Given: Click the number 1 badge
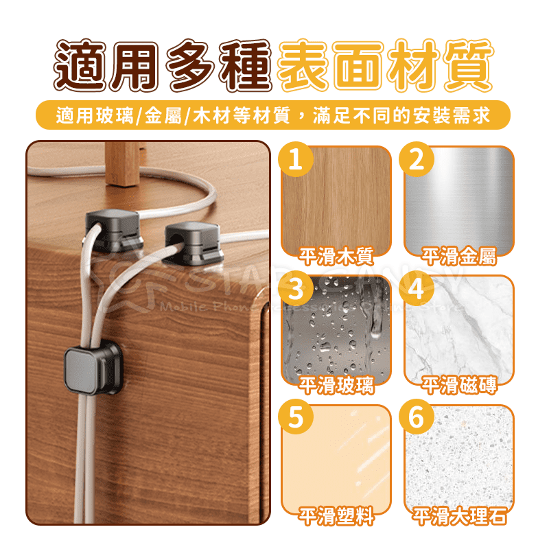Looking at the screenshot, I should tap(296, 161).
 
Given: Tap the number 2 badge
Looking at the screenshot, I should tap(418, 161).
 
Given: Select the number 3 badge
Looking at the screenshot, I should tap(296, 290).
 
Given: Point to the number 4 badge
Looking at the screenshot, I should tap(418, 290).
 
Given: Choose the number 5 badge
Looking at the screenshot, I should tap(296, 419).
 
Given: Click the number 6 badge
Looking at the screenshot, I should tap(418, 419).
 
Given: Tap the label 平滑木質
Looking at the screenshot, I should tap(336, 257).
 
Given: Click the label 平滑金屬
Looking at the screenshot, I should tap(459, 257).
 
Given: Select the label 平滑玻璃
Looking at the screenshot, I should tap(336, 386).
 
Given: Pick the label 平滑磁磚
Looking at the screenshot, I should tap(459, 386).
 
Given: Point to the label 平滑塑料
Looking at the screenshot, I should tap(336, 515).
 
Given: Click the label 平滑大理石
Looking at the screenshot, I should tap(459, 515).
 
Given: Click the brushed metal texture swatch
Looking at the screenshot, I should tap(459, 199).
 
